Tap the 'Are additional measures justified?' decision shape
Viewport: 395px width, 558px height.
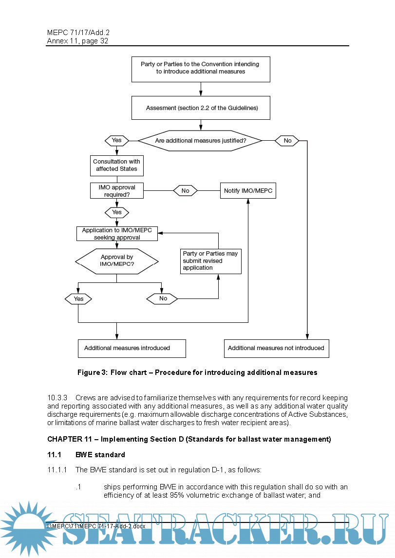[200, 141]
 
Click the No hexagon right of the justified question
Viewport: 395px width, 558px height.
[287, 141]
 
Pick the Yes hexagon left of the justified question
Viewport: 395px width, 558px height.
[117, 140]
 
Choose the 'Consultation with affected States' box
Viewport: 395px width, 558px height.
[116, 165]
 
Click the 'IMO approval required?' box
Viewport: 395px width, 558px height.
[117, 191]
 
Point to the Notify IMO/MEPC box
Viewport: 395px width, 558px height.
[248, 191]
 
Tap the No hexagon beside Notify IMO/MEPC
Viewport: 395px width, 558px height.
[186, 191]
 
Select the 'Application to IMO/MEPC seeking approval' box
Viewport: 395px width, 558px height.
[117, 234]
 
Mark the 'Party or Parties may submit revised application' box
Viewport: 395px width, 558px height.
[211, 261]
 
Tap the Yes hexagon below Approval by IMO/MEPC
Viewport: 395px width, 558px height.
[78, 298]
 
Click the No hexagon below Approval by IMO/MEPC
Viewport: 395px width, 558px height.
[163, 298]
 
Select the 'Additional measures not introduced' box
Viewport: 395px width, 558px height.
[276, 348]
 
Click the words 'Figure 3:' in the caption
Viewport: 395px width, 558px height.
[92, 372]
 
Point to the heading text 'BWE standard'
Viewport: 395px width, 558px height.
[100, 455]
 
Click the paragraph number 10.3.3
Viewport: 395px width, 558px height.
[57, 398]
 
